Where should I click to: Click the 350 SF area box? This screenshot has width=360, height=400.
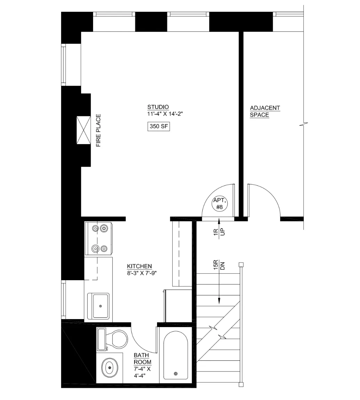tap(159, 126)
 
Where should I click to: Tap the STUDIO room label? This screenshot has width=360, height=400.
tap(158, 107)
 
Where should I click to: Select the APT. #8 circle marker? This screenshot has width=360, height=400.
tap(219, 204)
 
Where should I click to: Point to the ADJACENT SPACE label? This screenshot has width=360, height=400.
tap(265, 111)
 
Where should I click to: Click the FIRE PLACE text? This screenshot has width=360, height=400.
tap(98, 131)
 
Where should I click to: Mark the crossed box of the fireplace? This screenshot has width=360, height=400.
tap(83, 130)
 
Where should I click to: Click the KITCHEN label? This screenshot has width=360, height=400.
tap(139, 266)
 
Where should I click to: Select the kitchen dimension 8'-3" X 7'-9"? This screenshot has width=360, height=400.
tap(142, 273)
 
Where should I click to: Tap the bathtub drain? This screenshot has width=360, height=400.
tap(175, 374)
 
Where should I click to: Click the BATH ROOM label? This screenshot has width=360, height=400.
tap(142, 359)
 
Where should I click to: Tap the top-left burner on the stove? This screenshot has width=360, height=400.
tap(95, 228)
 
